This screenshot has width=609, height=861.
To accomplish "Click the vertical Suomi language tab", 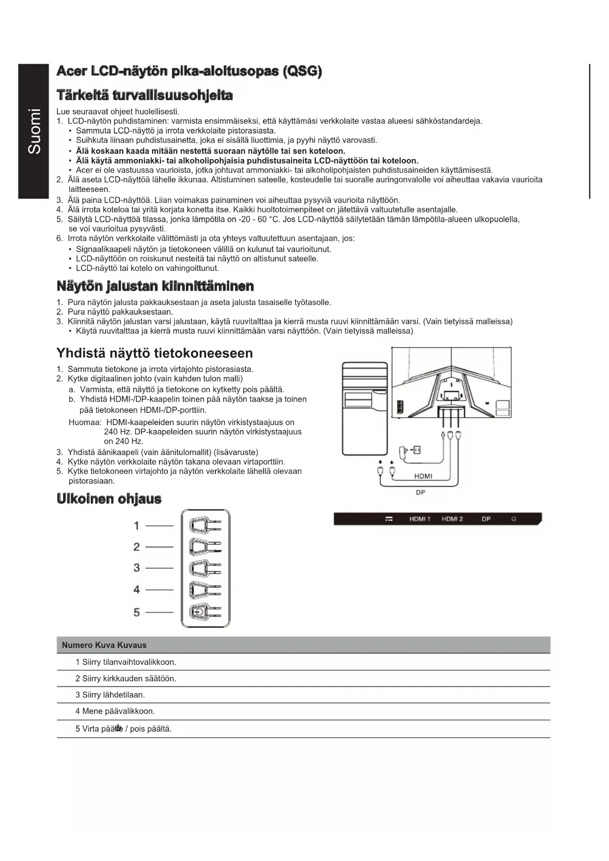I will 34,131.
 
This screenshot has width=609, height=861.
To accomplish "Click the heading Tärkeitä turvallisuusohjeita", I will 144,95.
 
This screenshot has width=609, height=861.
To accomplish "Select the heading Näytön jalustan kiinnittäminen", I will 155,286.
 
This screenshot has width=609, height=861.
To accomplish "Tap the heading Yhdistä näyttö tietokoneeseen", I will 155,353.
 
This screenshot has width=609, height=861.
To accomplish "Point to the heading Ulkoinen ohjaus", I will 109,499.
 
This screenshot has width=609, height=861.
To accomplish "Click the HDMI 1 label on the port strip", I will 420,519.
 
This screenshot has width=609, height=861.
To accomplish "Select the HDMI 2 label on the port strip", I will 452,519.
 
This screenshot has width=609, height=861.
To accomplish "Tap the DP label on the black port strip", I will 486,519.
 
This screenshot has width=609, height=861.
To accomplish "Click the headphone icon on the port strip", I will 514,519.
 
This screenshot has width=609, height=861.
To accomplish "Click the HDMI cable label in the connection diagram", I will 423,476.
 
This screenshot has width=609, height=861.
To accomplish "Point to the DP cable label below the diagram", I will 420,492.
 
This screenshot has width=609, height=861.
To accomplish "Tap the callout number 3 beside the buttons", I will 136,568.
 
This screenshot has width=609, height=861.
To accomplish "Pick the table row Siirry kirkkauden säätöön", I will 126,678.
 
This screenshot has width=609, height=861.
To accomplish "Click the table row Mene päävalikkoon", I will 115,711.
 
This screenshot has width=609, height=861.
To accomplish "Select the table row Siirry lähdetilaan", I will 110,695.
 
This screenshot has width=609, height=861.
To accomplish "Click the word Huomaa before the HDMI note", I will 85,422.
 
